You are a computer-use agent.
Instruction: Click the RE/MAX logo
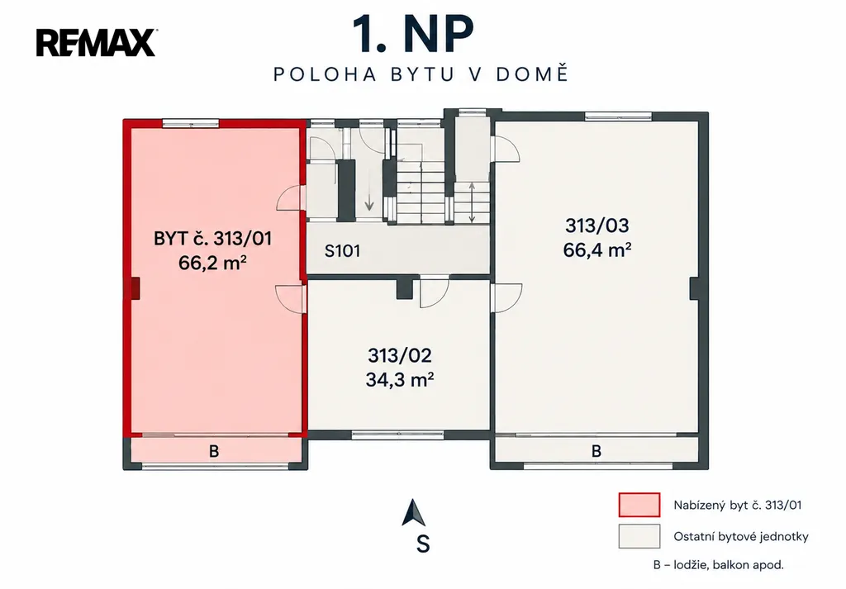97,43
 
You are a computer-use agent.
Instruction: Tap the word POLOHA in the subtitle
325,74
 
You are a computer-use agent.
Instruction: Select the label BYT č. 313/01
212,239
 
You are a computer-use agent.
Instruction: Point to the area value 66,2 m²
212,264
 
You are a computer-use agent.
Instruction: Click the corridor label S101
342,251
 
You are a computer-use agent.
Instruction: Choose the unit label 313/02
400,355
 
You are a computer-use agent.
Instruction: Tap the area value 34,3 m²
400,380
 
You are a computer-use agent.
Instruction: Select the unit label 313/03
597,226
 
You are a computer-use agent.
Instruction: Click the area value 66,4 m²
597,250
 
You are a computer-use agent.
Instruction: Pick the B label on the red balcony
214,451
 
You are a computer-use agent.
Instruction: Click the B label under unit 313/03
596,450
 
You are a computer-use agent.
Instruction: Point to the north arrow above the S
413,513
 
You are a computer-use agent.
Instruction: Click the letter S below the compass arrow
423,544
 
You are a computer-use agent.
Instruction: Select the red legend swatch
639,506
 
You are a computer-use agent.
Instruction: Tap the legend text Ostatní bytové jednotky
741,537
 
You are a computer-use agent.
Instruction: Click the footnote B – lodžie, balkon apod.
718,565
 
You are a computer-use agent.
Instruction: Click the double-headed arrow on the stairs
472,202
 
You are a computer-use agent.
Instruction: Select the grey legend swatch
639,537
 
